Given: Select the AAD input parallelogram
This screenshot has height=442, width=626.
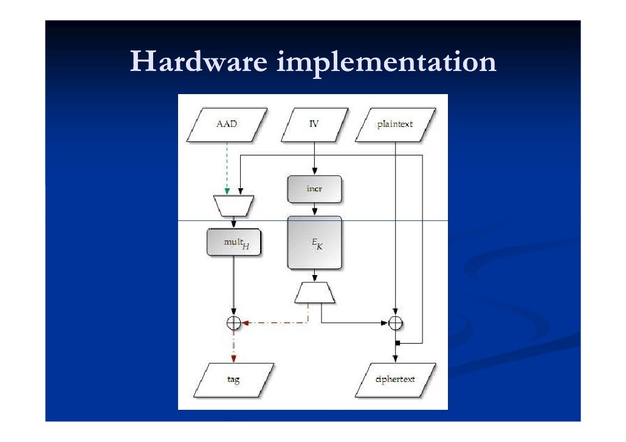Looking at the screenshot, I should tap(227, 124).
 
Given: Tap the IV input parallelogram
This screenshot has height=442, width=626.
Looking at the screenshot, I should tap(314, 124).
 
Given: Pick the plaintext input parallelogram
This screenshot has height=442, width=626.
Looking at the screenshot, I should tap(395, 124).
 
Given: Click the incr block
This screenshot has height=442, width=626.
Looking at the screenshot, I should tap(314, 189).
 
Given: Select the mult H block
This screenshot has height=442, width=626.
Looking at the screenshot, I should tap(234, 242).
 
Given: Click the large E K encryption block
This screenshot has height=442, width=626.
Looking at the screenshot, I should tap(314, 242).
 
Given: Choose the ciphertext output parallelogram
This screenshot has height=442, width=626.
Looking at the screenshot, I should tap(395, 379).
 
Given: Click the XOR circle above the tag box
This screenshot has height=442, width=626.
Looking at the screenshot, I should tap(233, 323).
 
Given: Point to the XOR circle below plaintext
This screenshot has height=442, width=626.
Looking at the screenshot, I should tap(396, 323).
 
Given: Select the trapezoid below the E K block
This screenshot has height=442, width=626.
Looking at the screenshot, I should tap(314, 292).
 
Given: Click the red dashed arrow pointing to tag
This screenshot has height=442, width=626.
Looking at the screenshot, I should tap(233, 346).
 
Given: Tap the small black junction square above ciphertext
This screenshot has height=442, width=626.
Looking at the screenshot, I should tap(396, 344).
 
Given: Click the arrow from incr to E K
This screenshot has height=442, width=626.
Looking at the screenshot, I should tap(314, 209).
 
